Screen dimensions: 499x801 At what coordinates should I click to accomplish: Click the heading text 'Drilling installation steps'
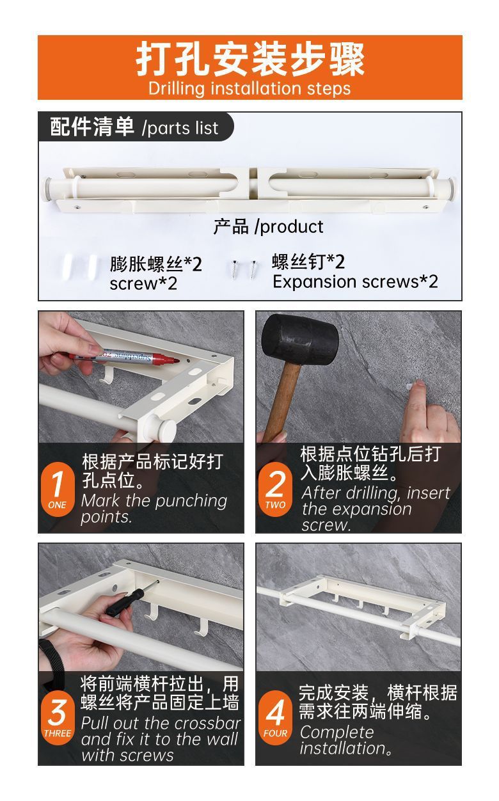(249, 88)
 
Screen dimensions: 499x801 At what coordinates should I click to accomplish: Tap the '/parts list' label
(180, 128)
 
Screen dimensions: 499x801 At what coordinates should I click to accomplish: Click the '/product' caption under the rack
(289, 226)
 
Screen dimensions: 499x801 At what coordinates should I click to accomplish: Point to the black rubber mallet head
(299, 340)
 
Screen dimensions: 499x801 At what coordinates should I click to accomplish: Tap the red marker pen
(123, 356)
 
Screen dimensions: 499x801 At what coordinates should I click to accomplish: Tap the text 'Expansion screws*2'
(355, 282)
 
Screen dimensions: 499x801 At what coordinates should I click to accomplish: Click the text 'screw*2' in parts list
(143, 284)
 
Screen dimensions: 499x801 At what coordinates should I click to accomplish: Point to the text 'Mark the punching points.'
(154, 508)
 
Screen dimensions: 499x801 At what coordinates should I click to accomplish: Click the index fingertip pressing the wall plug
(418, 386)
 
